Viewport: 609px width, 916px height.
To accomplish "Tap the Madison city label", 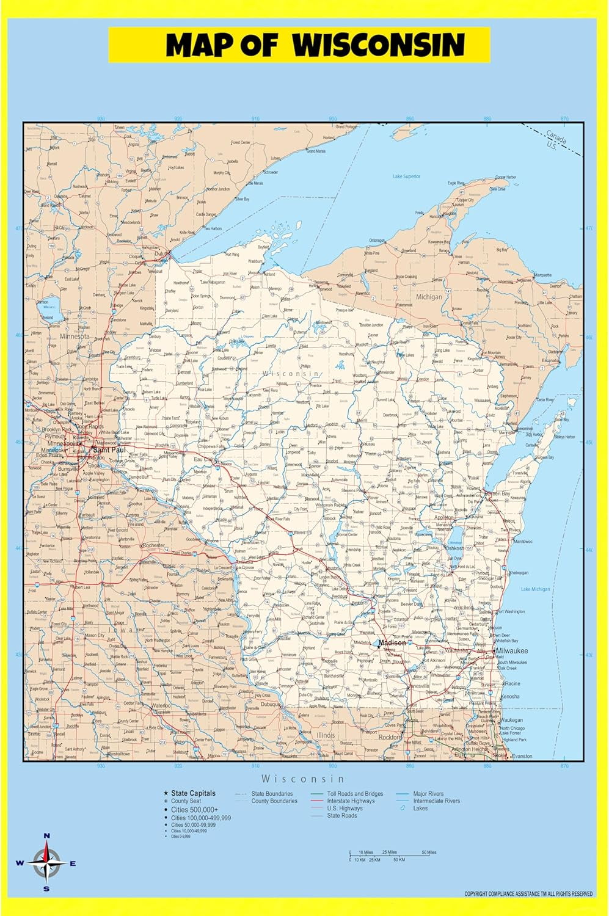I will [392, 643].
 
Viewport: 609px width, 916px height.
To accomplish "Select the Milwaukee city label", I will [512, 651].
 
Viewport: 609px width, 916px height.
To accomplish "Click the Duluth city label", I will [162, 253].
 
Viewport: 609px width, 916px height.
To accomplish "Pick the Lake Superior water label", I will [406, 176].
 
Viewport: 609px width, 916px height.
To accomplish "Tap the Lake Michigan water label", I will [535, 589].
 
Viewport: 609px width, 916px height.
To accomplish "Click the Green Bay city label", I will [498, 493].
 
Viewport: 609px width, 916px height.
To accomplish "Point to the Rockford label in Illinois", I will [389, 737].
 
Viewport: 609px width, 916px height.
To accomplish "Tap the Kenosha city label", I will [510, 696].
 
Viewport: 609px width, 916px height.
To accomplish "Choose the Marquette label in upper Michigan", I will [543, 275].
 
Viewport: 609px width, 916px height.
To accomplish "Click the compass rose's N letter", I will [47, 836].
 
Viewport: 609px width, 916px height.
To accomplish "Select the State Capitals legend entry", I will [193, 793].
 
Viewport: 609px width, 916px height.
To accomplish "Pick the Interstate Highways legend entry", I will [351, 801].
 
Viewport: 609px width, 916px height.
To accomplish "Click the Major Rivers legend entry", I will [428, 794].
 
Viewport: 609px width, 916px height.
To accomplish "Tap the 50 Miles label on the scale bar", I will [429, 852].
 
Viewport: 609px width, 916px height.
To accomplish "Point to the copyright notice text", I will [528, 894].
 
